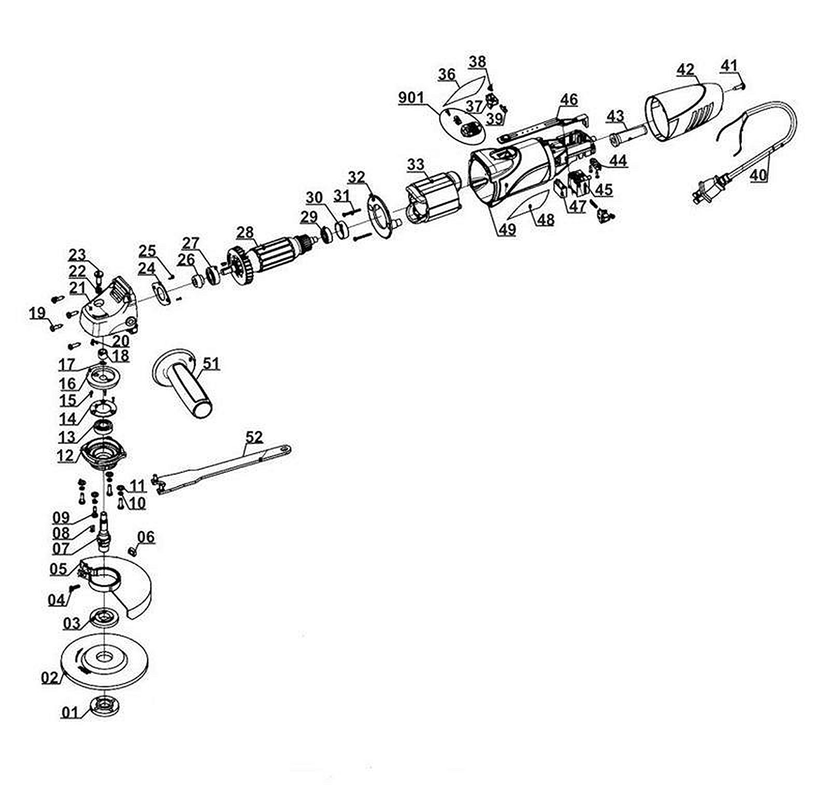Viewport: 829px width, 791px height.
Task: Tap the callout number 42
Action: [685, 69]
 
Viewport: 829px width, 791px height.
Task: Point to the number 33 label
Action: [416, 165]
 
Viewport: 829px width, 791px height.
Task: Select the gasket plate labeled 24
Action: [162, 294]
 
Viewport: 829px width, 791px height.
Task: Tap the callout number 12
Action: [66, 456]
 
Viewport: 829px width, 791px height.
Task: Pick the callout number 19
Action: [37, 313]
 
